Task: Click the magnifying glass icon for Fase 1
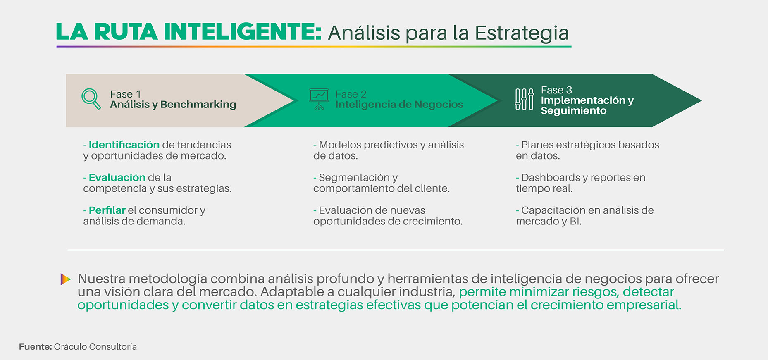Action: click(x=91, y=98)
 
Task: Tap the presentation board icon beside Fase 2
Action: click(x=319, y=99)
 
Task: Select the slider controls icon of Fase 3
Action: click(x=524, y=99)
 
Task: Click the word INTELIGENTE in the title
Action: click(x=242, y=32)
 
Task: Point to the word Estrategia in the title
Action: click(x=522, y=33)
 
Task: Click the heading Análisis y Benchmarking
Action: click(x=173, y=105)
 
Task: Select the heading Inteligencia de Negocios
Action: click(x=399, y=105)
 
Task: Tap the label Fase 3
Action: click(x=556, y=90)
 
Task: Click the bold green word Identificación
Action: click(x=124, y=145)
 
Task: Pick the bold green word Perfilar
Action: click(x=107, y=210)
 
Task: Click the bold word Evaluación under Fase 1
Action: click(x=117, y=177)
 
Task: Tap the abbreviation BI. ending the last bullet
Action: click(x=575, y=221)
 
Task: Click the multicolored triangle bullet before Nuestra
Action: click(x=65, y=279)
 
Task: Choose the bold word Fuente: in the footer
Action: click(x=35, y=347)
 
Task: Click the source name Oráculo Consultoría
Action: click(x=95, y=347)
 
